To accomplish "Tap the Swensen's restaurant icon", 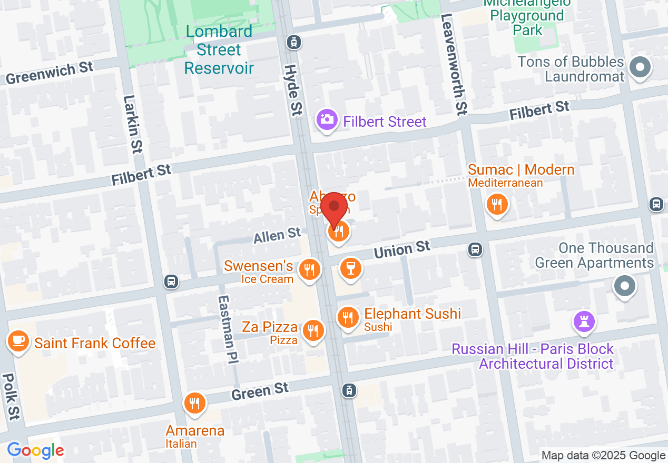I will pyautogui.click(x=310, y=269).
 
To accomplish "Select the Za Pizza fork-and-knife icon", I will pyautogui.click(x=313, y=330).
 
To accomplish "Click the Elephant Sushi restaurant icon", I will pyautogui.click(x=348, y=317).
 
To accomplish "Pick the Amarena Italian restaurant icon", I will pyautogui.click(x=194, y=404).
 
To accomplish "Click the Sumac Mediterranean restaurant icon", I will pyautogui.click(x=496, y=204).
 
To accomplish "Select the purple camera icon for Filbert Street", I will pyautogui.click(x=327, y=119).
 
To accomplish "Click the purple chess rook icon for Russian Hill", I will pyautogui.click(x=584, y=320).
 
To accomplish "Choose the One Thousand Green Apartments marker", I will pyautogui.click(x=625, y=286).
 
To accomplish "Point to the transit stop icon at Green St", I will pyautogui.click(x=349, y=390).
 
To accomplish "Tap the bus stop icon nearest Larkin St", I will pyautogui.click(x=171, y=281).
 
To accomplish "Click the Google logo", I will pyautogui.click(x=35, y=450).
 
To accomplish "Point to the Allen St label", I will pyautogui.click(x=277, y=235).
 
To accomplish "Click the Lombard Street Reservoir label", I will pyautogui.click(x=219, y=50).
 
